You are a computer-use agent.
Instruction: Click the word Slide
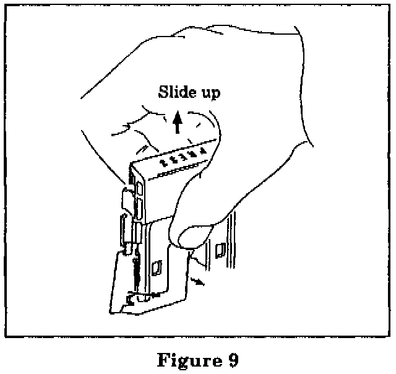(x=176, y=93)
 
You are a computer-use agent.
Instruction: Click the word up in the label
(x=208, y=94)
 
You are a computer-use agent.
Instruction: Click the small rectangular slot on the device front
(x=156, y=268)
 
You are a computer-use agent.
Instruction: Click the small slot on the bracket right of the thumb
(x=218, y=251)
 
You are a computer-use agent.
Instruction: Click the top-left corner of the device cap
(x=131, y=165)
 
